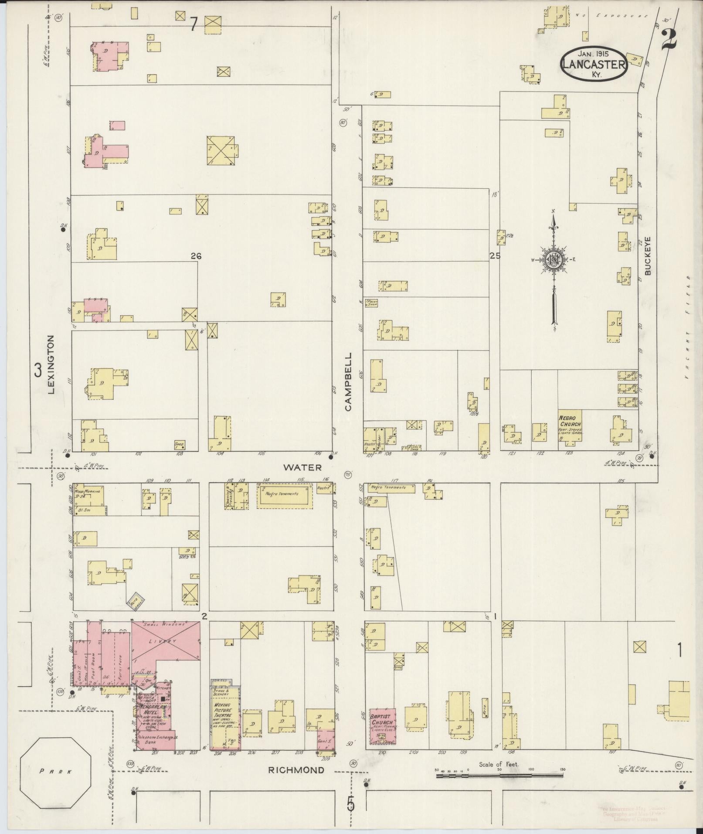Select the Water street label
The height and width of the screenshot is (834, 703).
(x=302, y=467)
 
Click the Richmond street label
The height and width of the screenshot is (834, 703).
(x=296, y=770)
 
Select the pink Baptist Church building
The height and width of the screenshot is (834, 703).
(x=383, y=726)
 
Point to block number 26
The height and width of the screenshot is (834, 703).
(x=196, y=256)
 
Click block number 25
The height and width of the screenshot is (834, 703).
(x=495, y=256)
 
